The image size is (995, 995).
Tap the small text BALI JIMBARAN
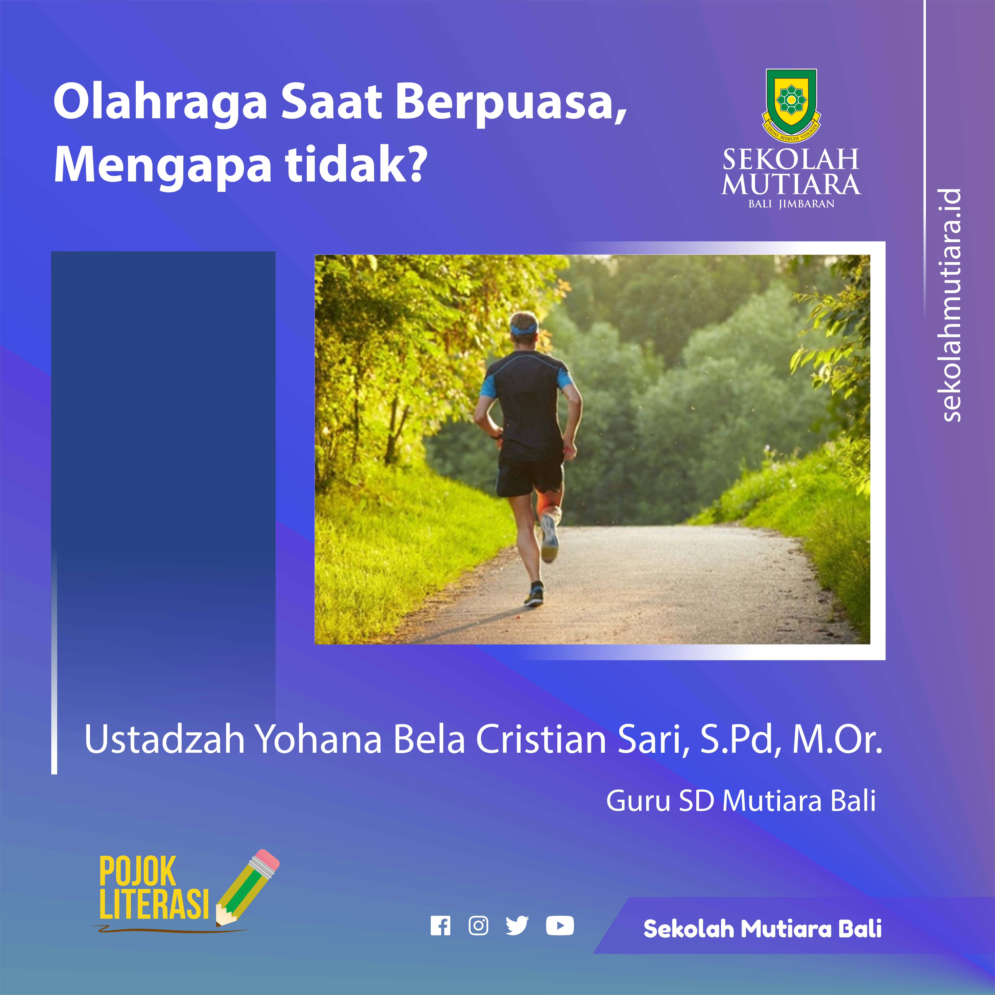click(x=792, y=204)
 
